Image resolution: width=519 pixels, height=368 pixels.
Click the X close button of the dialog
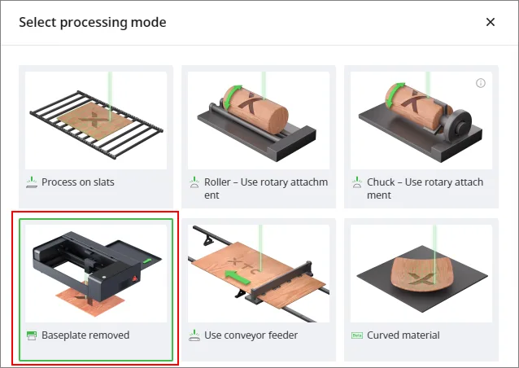click(x=491, y=22)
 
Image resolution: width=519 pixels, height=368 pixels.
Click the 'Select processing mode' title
click(x=93, y=23)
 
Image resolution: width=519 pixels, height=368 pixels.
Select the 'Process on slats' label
click(x=78, y=182)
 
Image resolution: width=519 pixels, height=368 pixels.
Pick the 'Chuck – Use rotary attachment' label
click(x=425, y=188)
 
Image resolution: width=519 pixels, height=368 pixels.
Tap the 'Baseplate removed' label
click(x=85, y=335)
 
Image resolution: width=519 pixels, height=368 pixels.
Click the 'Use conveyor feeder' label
click(x=251, y=335)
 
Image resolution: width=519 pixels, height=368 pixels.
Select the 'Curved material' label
click(x=403, y=335)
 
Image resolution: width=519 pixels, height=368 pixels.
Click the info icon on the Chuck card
click(x=481, y=83)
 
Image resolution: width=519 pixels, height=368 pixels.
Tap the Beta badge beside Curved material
click(x=357, y=335)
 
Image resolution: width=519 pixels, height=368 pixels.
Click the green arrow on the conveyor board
click(x=237, y=277)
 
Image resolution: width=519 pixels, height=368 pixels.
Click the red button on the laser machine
click(x=135, y=278)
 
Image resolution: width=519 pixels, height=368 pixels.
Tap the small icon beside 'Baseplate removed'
click(x=32, y=335)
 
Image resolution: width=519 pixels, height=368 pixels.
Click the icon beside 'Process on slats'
click(x=32, y=182)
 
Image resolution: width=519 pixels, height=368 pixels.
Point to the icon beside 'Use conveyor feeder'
click(x=194, y=335)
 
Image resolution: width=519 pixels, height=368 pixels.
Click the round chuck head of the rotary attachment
click(x=459, y=122)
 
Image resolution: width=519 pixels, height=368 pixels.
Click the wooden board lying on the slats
click(x=95, y=120)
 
